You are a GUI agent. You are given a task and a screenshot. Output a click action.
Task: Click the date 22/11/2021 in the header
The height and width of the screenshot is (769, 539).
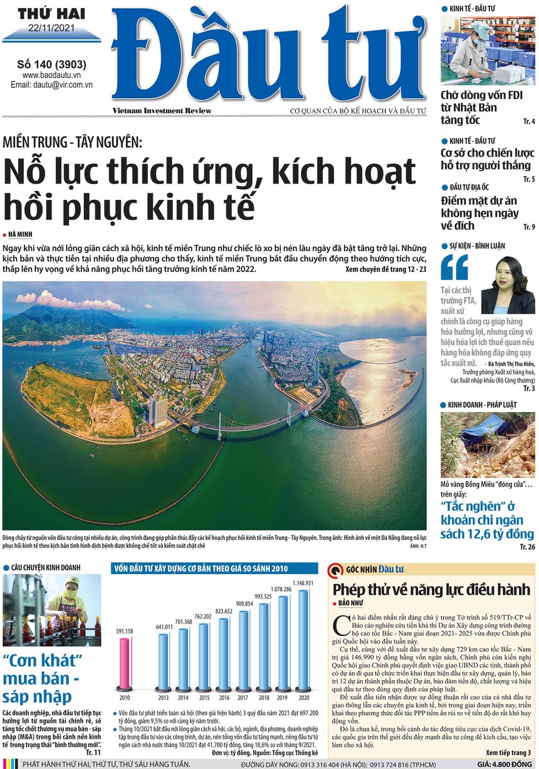tap(51, 28)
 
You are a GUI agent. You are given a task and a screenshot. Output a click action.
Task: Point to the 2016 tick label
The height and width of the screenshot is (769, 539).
tap(223, 698)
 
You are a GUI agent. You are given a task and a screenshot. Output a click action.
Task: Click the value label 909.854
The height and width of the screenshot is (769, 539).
tap(244, 604)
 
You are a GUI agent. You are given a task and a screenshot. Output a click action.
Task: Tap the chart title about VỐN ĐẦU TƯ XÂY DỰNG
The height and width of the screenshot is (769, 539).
tap(200, 569)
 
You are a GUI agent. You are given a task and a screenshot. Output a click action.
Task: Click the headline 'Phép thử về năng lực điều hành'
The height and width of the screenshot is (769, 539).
tap(431, 590)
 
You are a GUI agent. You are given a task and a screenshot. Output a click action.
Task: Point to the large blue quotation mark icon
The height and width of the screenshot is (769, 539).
tap(454, 268)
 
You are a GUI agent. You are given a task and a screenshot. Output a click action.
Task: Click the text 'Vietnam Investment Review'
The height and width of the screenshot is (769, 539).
tap(162, 111)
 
